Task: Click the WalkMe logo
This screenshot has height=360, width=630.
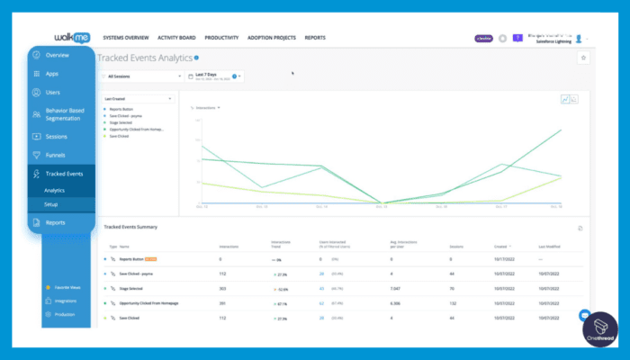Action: (x=62, y=37)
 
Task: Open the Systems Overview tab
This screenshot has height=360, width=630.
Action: (x=125, y=38)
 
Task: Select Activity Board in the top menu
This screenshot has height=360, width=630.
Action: (x=175, y=38)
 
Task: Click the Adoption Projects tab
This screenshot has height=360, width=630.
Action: (x=273, y=38)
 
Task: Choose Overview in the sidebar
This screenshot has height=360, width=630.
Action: (x=57, y=55)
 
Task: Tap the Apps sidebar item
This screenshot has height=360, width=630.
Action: (x=51, y=74)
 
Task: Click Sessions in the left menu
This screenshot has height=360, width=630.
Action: (x=56, y=137)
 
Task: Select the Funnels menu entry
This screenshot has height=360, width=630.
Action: (x=55, y=155)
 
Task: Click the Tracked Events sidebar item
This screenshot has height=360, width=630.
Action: (x=63, y=174)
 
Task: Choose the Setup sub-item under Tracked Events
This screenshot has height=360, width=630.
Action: (x=51, y=204)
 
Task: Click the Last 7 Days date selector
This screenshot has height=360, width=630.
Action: (x=212, y=76)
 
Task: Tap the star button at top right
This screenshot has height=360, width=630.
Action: (x=582, y=58)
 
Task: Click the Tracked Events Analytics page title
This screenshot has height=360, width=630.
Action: (x=143, y=57)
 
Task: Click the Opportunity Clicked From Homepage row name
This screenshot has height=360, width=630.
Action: (x=148, y=302)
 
